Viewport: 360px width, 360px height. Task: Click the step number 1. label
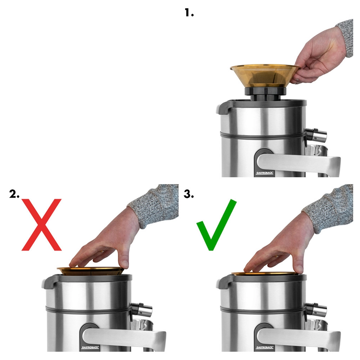tap(189, 13)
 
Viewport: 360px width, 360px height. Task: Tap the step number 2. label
tap(15, 194)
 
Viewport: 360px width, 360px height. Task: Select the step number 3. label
tap(189, 194)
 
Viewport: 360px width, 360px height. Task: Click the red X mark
tap(42, 224)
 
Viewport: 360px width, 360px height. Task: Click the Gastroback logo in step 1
tap(265, 173)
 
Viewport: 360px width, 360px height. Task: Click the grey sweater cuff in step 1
tap(346, 37)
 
